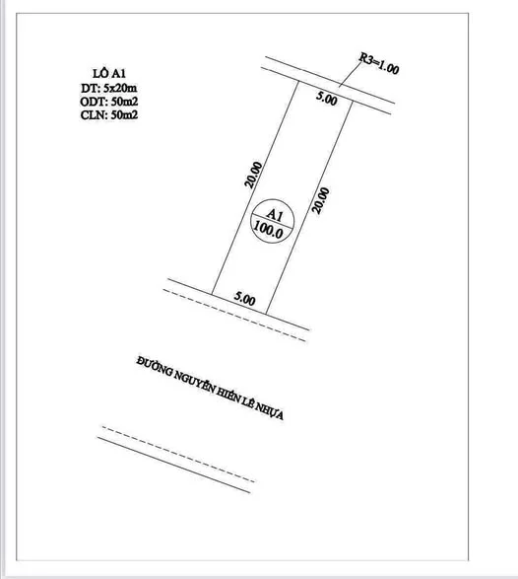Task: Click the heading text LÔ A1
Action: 109,73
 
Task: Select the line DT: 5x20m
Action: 109,88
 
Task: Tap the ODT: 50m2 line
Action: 109,102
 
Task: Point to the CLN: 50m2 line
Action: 109,114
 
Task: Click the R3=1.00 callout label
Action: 379,63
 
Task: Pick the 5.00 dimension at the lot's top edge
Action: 327,99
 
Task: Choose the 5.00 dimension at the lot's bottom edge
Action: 245,298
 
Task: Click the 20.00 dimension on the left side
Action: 254,175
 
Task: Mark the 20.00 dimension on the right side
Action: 321,200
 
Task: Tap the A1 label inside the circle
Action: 275,215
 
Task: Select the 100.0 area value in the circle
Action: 269,231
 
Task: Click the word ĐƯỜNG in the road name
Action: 155,366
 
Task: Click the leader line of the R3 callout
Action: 351,73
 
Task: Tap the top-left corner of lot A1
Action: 298,81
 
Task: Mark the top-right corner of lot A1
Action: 353,101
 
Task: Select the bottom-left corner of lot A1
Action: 212,294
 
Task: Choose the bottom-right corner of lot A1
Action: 266,314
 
